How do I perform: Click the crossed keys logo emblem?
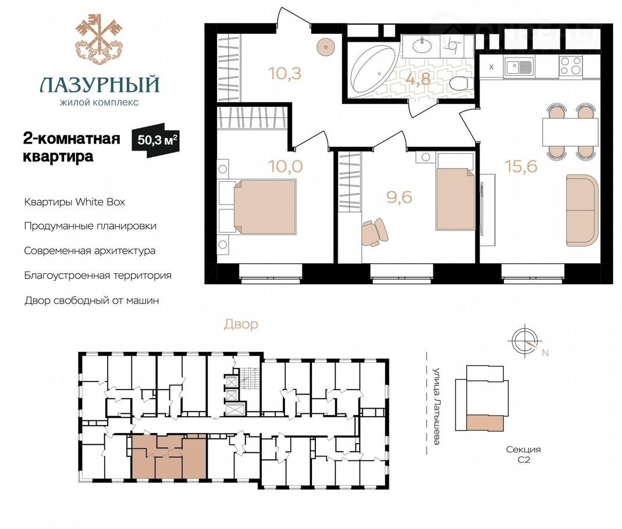coord(97,38)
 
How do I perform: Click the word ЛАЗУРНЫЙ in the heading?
coord(99,84)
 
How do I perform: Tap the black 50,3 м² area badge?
coord(156,140)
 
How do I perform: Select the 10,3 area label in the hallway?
coord(285,73)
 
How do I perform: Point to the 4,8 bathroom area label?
coord(418,78)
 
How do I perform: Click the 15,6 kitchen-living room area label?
coord(521,166)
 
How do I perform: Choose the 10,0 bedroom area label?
coord(286,166)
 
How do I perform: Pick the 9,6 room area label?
coord(400,197)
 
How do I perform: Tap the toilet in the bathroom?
coord(461,83)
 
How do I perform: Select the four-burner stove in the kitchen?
coord(571,66)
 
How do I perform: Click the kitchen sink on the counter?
coord(518,67)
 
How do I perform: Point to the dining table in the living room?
coord(570,132)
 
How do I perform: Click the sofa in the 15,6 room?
coord(582,210)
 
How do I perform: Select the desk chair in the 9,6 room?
coord(375,232)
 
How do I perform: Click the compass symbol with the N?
coord(525,341)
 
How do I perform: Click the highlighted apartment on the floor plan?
coord(169,456)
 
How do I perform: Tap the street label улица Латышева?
coord(436,406)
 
